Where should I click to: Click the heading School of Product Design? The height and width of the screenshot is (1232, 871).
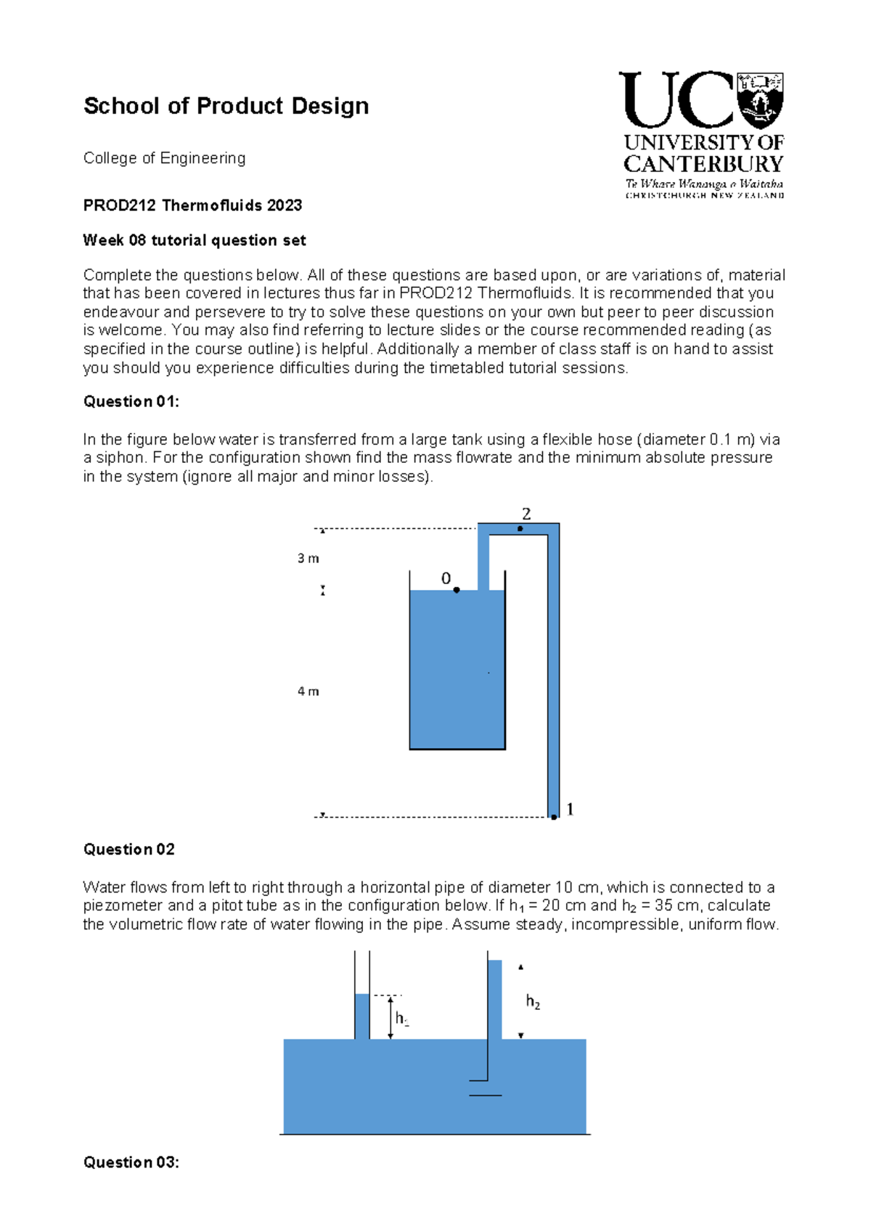pyautogui.click(x=226, y=106)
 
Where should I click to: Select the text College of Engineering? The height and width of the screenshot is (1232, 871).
pyautogui.click(x=164, y=158)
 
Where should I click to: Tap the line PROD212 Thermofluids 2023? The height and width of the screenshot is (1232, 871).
pyautogui.click(x=192, y=205)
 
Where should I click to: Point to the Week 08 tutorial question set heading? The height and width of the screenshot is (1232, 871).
pyautogui.click(x=194, y=240)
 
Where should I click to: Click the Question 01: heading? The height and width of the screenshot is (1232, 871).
pyautogui.click(x=131, y=402)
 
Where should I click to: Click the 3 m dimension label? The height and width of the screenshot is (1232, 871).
pyautogui.click(x=308, y=559)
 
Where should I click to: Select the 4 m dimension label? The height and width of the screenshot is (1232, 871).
pyautogui.click(x=308, y=691)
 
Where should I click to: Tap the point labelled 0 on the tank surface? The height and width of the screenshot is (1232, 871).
pyautogui.click(x=456, y=590)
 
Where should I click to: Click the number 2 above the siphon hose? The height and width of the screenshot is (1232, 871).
pyautogui.click(x=526, y=514)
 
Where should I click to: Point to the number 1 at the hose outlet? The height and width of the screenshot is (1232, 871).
pyautogui.click(x=570, y=809)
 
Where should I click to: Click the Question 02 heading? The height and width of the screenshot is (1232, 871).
pyautogui.click(x=128, y=850)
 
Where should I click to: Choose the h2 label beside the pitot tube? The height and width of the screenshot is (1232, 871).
pyautogui.click(x=533, y=1003)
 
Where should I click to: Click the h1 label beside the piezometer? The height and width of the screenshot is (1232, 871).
pyautogui.click(x=401, y=1019)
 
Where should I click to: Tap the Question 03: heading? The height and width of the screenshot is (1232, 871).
pyautogui.click(x=131, y=1162)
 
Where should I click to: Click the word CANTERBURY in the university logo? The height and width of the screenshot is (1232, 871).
pyautogui.click(x=703, y=164)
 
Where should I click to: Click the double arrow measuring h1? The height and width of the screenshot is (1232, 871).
pyautogui.click(x=390, y=1017)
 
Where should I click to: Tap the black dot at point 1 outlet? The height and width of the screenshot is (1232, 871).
pyautogui.click(x=554, y=817)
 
